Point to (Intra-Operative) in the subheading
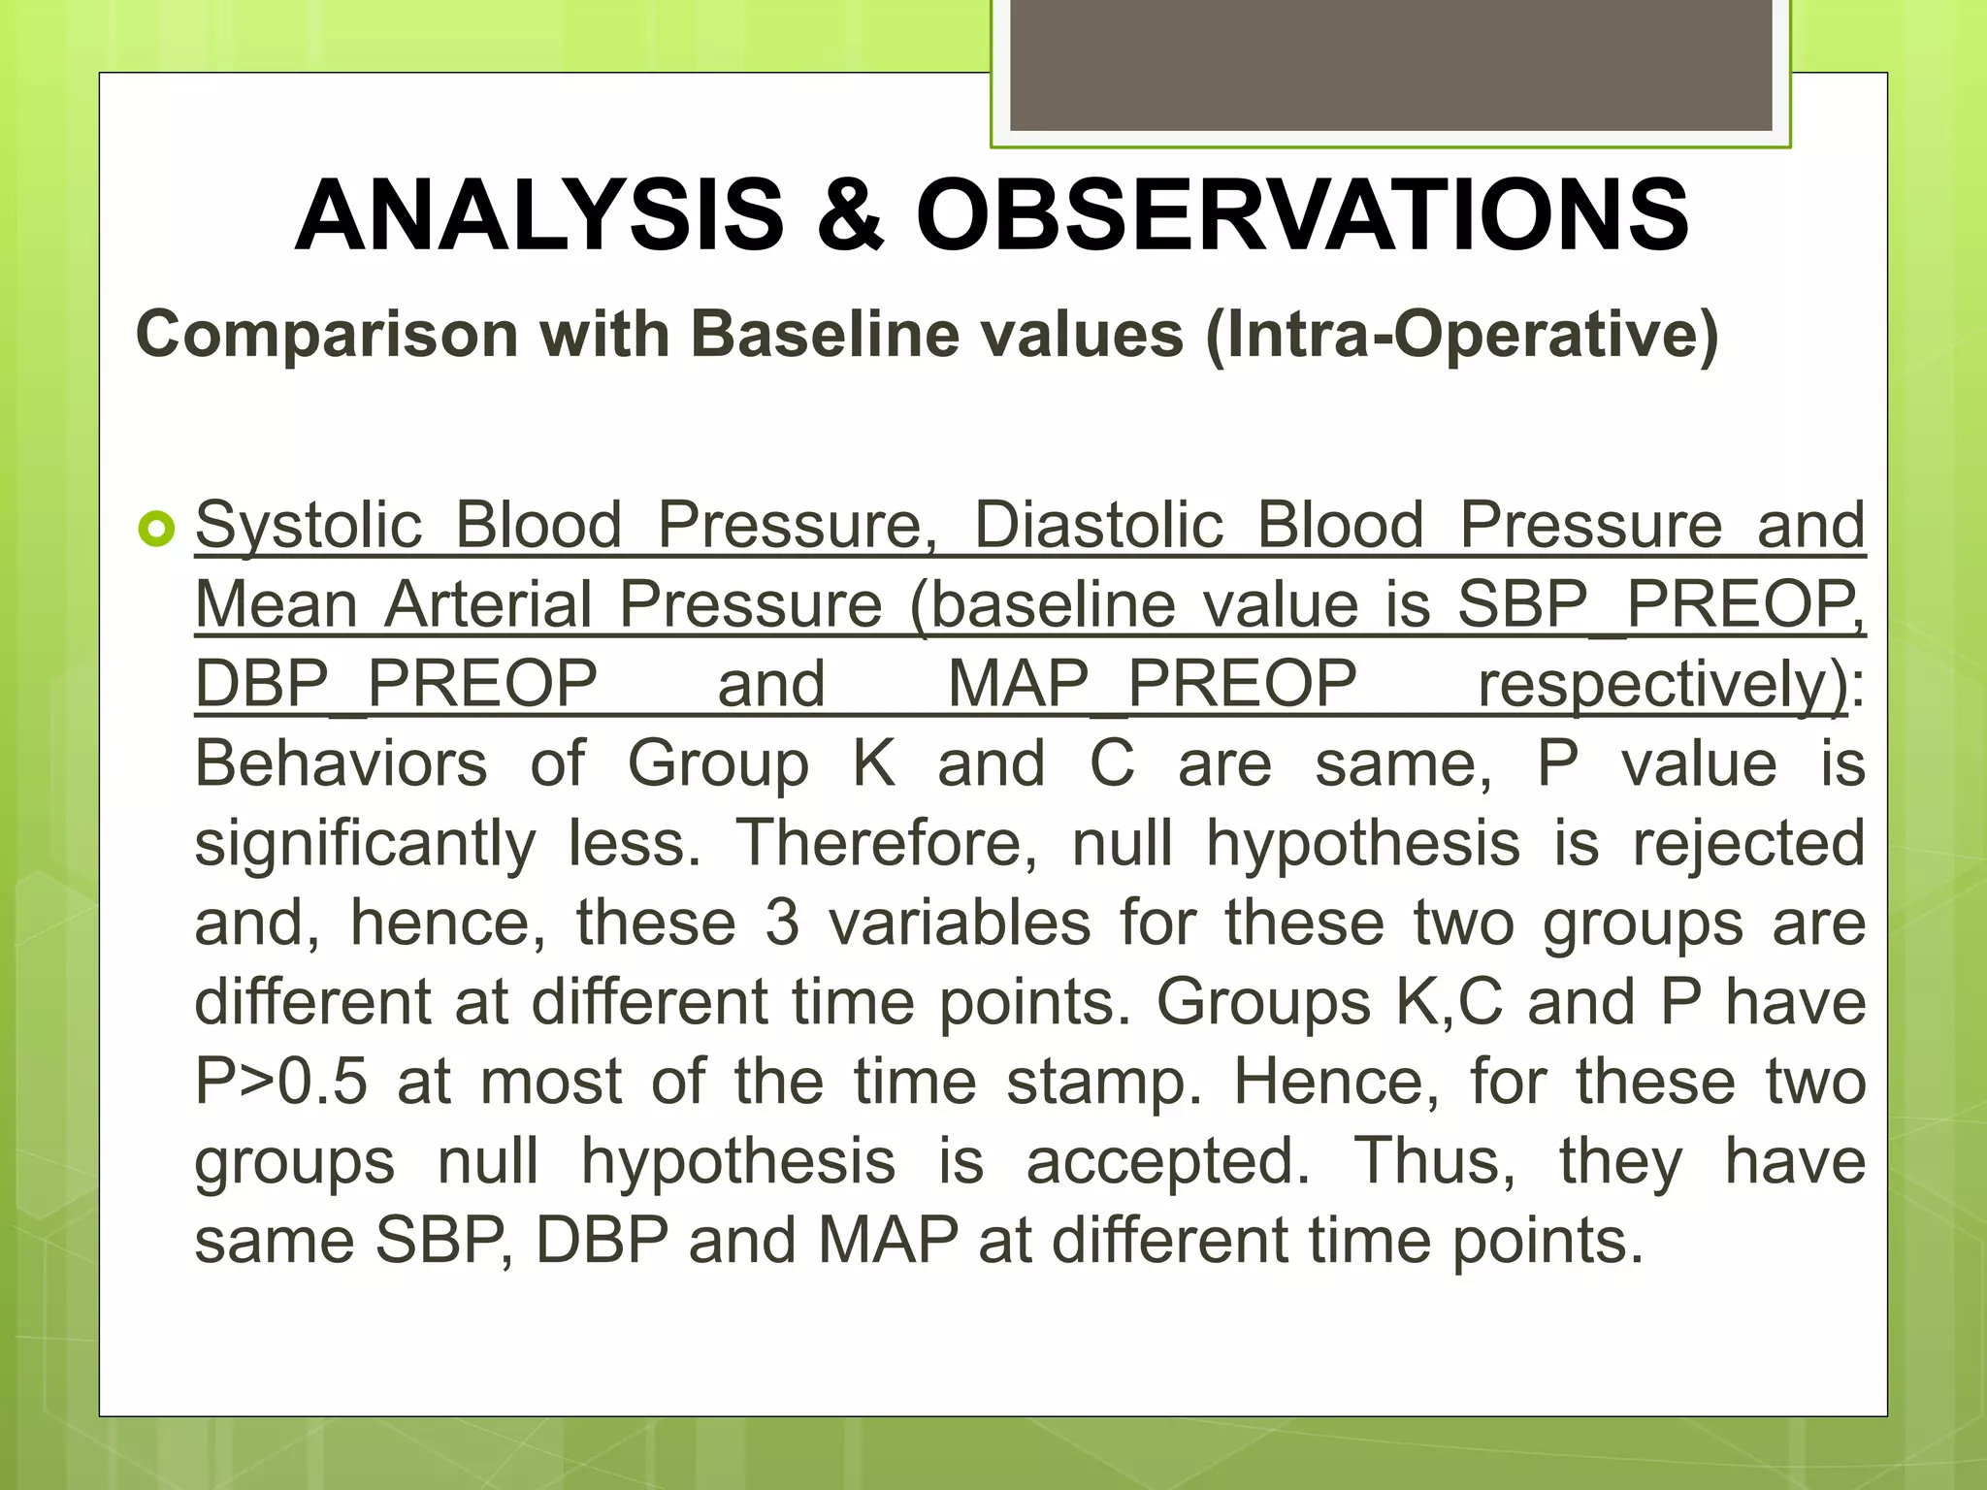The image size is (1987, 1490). (x=1461, y=335)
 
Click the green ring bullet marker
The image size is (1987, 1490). (x=155, y=530)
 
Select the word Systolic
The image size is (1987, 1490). (x=309, y=526)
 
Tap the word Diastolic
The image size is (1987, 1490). (x=1099, y=526)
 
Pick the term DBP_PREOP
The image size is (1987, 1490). (x=396, y=685)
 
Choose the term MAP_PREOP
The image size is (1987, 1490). (x=1152, y=685)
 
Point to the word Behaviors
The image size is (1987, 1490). (x=341, y=764)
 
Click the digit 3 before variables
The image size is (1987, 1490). (x=782, y=923)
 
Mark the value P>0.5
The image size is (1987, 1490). (x=280, y=1083)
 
